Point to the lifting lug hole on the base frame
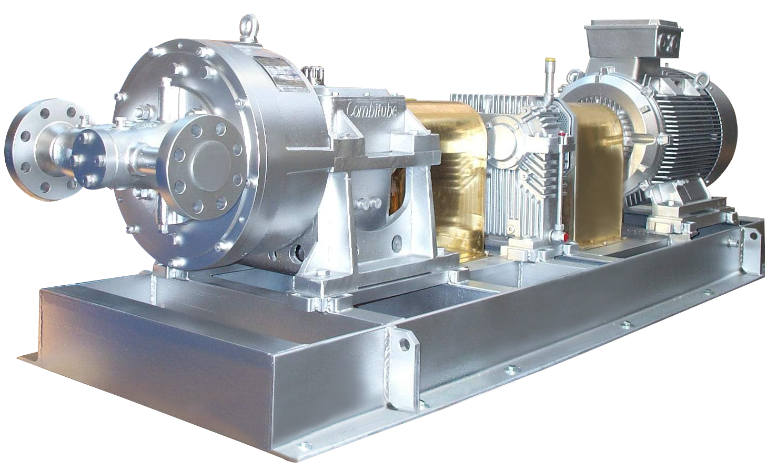[x=404, y=343]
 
